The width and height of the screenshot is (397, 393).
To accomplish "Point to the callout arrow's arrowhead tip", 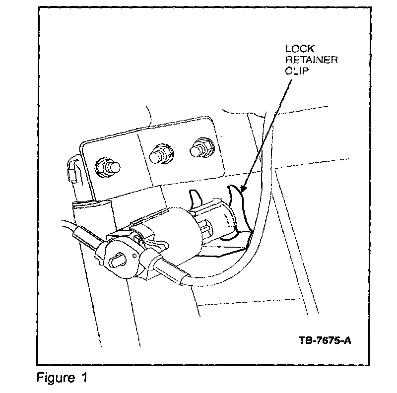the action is tap(240, 192).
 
